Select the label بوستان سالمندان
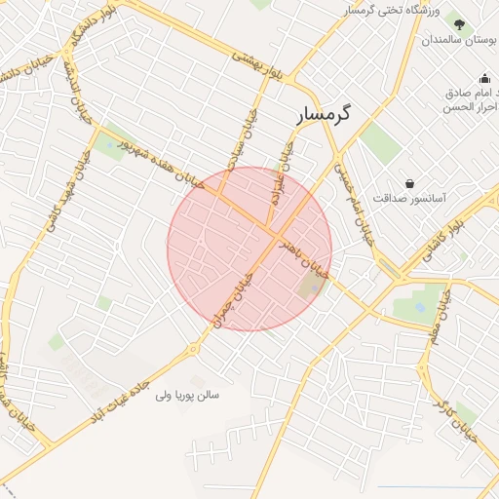[x=459, y=42]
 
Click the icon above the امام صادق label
[x=484, y=79]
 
